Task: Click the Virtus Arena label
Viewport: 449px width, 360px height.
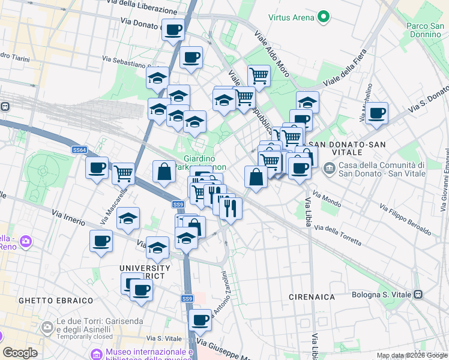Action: pyautogui.click(x=292, y=17)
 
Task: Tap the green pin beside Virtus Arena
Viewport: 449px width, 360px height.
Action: pyautogui.click(x=324, y=17)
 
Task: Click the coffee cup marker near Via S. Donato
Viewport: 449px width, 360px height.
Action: pyautogui.click(x=376, y=113)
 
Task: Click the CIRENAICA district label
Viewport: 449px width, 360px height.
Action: pyautogui.click(x=312, y=296)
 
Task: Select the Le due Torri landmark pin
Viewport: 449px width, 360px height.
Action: pyautogui.click(x=47, y=328)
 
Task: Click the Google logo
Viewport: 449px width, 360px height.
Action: pyautogui.click(x=20, y=353)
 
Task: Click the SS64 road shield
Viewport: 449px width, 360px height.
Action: pyautogui.click(x=79, y=149)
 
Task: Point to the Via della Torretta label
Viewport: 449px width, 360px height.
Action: pyautogui.click(x=338, y=235)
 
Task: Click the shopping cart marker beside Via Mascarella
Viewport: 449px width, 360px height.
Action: pyautogui.click(x=123, y=173)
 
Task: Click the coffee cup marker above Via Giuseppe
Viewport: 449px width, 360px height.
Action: pyautogui.click(x=200, y=320)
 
